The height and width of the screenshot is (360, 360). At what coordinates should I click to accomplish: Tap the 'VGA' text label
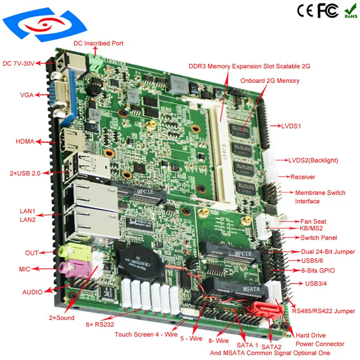[27, 95]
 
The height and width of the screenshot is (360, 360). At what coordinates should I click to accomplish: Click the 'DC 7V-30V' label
[18, 63]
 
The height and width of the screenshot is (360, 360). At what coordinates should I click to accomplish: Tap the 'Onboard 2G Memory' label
[270, 81]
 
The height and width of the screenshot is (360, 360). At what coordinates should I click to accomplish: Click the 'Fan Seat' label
[314, 221]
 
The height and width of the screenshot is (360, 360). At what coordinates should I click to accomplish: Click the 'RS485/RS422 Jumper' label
[324, 311]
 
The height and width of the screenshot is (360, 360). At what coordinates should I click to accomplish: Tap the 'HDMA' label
[25, 141]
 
